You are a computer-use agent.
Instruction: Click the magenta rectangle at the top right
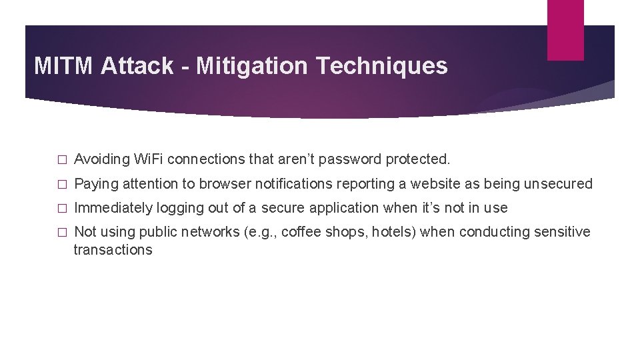565,30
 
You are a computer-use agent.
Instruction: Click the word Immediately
113,208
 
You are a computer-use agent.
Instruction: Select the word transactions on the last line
113,250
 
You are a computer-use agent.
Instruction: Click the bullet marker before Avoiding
62,160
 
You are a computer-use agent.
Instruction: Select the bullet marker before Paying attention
62,184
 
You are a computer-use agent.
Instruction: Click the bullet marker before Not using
62,233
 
